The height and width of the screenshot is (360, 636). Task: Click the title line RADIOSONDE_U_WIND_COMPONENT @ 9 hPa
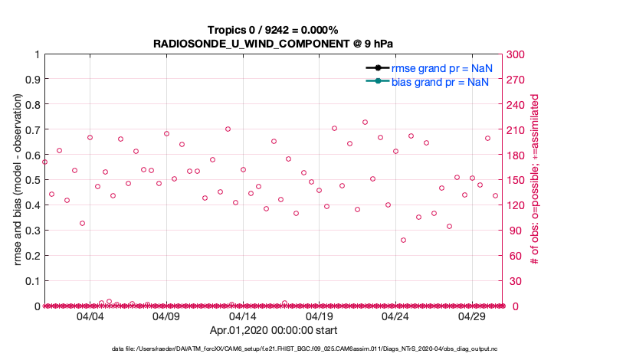(x=274, y=44)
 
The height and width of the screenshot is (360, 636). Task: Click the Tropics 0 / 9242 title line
(x=274, y=30)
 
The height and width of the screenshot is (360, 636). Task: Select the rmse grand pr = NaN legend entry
(x=441, y=68)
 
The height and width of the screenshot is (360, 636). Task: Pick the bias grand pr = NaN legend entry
(x=441, y=81)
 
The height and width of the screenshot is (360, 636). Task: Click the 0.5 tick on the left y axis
(x=32, y=180)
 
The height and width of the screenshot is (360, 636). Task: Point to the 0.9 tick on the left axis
(x=32, y=80)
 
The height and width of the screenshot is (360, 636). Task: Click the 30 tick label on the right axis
(x=514, y=281)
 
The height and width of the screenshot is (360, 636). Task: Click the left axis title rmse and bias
(x=18, y=180)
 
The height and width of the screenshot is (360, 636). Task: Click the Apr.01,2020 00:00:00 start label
(x=274, y=331)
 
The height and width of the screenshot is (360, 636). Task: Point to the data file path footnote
(x=318, y=349)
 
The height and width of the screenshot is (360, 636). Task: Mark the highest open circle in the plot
(x=365, y=122)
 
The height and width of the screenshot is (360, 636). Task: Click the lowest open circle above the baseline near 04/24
(x=403, y=240)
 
